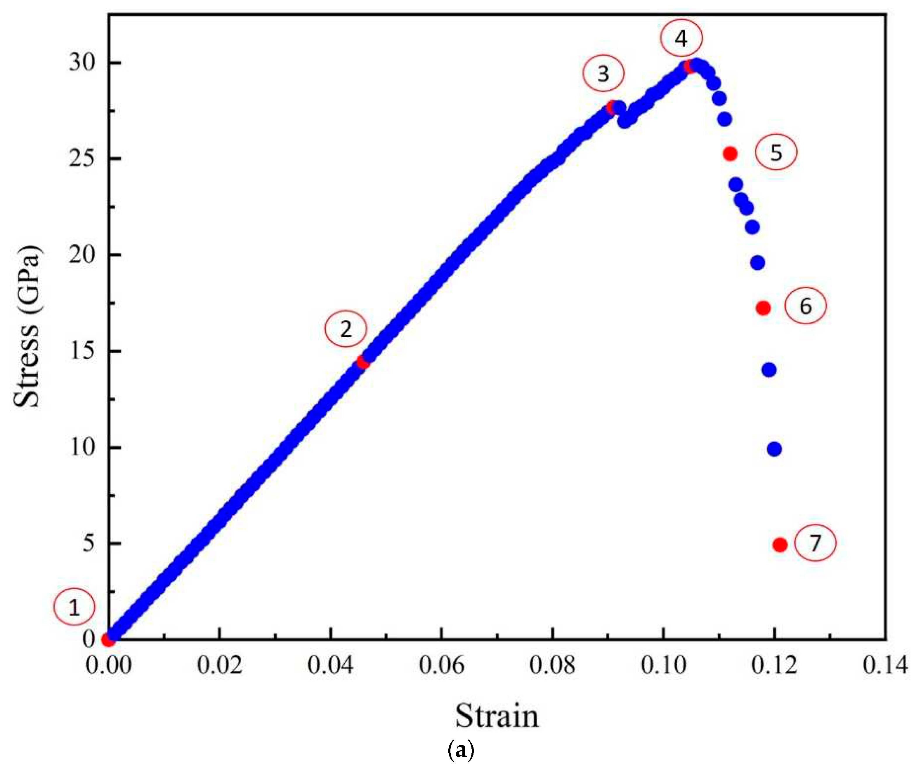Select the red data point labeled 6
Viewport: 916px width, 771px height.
pyautogui.click(x=763, y=308)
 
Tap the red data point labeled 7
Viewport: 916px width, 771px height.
pyautogui.click(x=780, y=544)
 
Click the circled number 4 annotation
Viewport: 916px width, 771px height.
pyautogui.click(x=681, y=39)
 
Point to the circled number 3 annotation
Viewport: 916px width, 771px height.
pyautogui.click(x=603, y=74)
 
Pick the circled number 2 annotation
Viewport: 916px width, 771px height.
pyautogui.click(x=346, y=329)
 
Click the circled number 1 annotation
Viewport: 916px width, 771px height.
pyautogui.click(x=74, y=608)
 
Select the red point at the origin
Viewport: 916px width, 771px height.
pyautogui.click(x=108, y=640)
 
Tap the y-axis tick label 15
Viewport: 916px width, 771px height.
pyautogui.click(x=82, y=351)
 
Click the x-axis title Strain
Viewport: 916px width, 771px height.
pyautogui.click(x=497, y=716)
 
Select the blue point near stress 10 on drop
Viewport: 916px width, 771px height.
pyautogui.click(x=774, y=449)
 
